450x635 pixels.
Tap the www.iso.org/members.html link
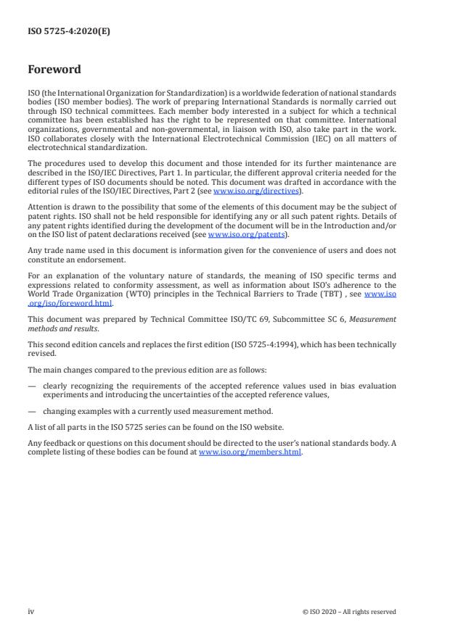click(250, 452)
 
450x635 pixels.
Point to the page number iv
click(30, 611)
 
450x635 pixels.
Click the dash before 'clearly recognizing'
click(32, 385)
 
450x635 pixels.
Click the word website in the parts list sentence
click(266, 426)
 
